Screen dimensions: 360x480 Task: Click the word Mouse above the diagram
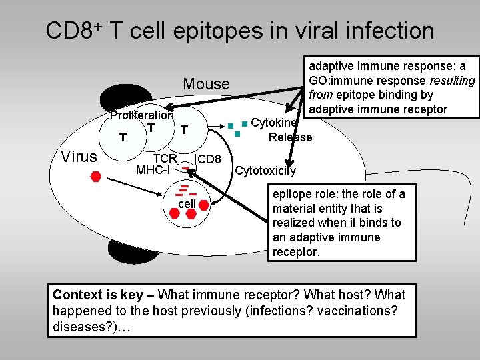click(x=206, y=84)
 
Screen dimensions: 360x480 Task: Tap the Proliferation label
click(x=141, y=115)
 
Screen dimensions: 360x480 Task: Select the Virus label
click(x=79, y=157)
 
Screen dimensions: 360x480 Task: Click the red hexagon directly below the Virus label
click(x=96, y=177)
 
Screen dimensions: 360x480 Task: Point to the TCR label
click(x=165, y=159)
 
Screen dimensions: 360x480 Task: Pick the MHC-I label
click(x=153, y=170)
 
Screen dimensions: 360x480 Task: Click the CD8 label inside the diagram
click(x=210, y=159)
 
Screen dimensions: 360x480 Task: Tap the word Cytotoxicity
click(x=266, y=171)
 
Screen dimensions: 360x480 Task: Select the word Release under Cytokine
click(x=290, y=137)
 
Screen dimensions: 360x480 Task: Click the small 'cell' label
click(x=187, y=203)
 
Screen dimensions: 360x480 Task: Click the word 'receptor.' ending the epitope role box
click(x=296, y=252)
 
